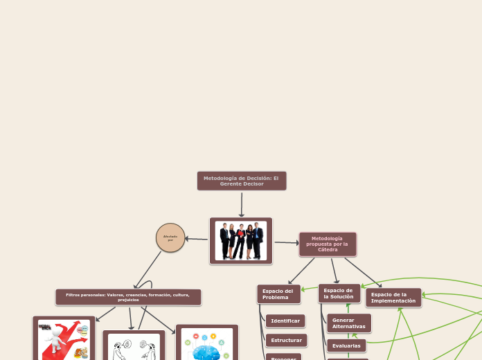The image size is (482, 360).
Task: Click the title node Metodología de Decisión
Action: [241, 181]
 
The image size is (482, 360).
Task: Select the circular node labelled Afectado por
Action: [170, 237]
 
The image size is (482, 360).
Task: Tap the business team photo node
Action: [241, 241]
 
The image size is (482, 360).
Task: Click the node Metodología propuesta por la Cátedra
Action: [328, 244]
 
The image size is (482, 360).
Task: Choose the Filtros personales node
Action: [128, 297]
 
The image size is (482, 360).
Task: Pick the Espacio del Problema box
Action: [278, 294]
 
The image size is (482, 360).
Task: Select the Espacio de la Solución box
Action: [339, 294]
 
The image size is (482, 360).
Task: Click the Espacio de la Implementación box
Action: [393, 298]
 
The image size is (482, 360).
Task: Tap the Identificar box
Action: [285, 321]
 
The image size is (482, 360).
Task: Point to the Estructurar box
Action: [286, 340]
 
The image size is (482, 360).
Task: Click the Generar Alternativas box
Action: [348, 323]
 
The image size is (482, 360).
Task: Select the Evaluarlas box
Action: [346, 345]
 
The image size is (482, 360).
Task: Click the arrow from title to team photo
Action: [242, 204]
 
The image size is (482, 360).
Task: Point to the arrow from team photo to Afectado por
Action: [197, 239]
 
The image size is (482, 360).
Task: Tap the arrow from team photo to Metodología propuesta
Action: [286, 242]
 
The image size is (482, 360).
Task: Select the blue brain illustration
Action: [206, 344]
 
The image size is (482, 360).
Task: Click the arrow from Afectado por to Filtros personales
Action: [147, 270]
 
